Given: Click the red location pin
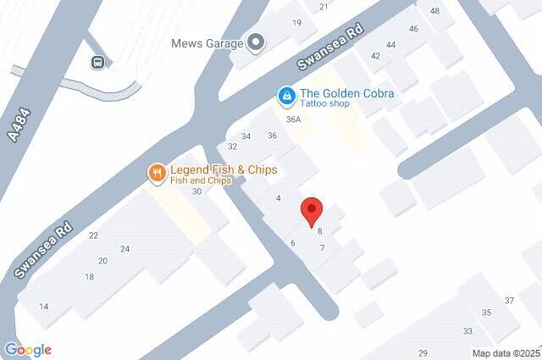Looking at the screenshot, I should coord(312,208).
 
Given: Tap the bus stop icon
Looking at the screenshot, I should coord(99,61).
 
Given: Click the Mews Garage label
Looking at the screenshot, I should coord(206,42).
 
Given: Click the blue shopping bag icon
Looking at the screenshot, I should coord(288,97).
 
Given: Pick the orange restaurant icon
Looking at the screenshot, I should coord(157,174).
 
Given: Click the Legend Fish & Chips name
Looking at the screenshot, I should coord(224,169).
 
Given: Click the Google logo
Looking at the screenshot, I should coord(27,350).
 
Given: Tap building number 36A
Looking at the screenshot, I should coord(294,119).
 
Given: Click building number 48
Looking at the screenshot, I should coord(435,11).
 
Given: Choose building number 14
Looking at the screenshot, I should coord(44,306).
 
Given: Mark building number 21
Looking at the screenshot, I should coord(324,7).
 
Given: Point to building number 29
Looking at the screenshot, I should coord(423,352).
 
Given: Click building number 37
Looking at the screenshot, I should coord(510,301).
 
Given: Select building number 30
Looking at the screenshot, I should coord(196,191).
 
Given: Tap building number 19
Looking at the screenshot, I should coord(297,23).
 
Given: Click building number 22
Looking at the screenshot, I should coord(93,235).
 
